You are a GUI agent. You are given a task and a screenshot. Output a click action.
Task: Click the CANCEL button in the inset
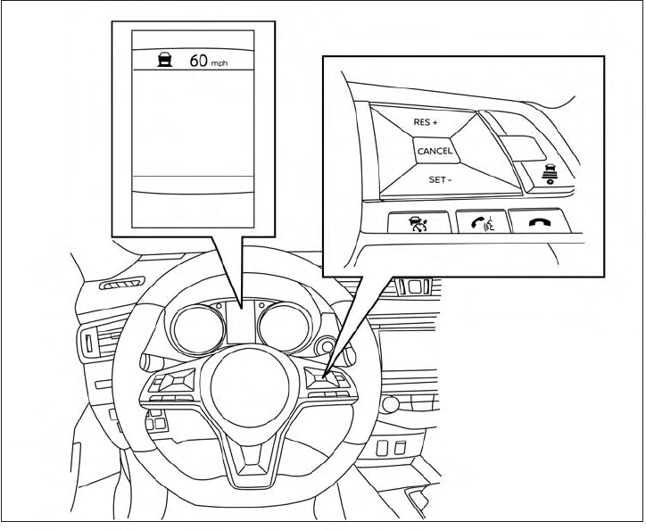click(435, 151)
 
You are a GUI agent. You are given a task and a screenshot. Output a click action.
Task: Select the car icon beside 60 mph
click(165, 62)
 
